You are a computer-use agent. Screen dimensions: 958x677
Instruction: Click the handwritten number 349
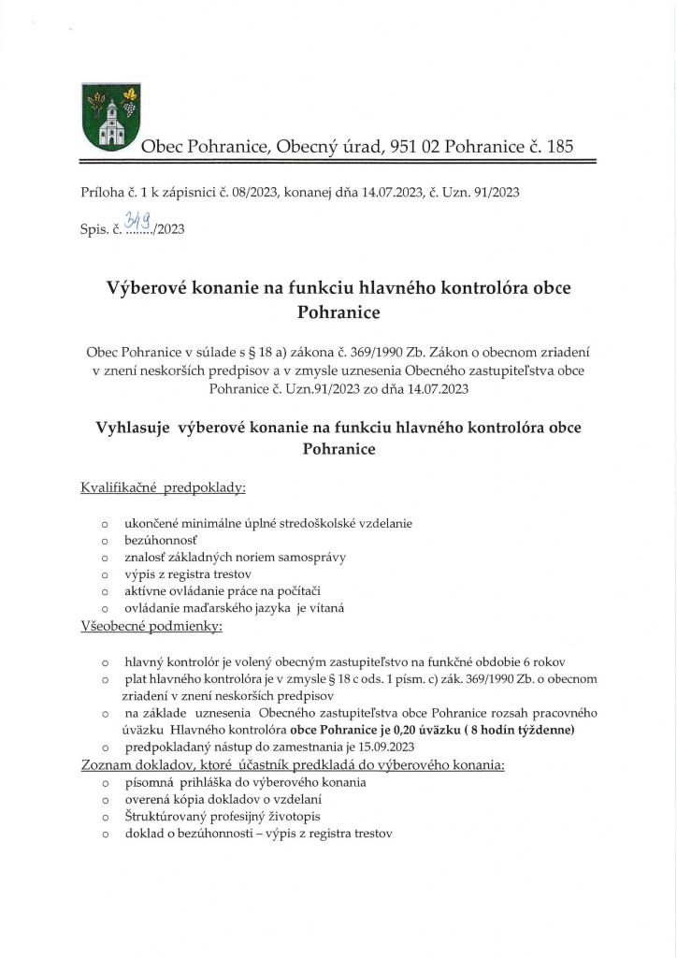pyautogui.click(x=139, y=222)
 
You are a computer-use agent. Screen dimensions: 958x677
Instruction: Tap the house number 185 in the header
pyautogui.click(x=557, y=146)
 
